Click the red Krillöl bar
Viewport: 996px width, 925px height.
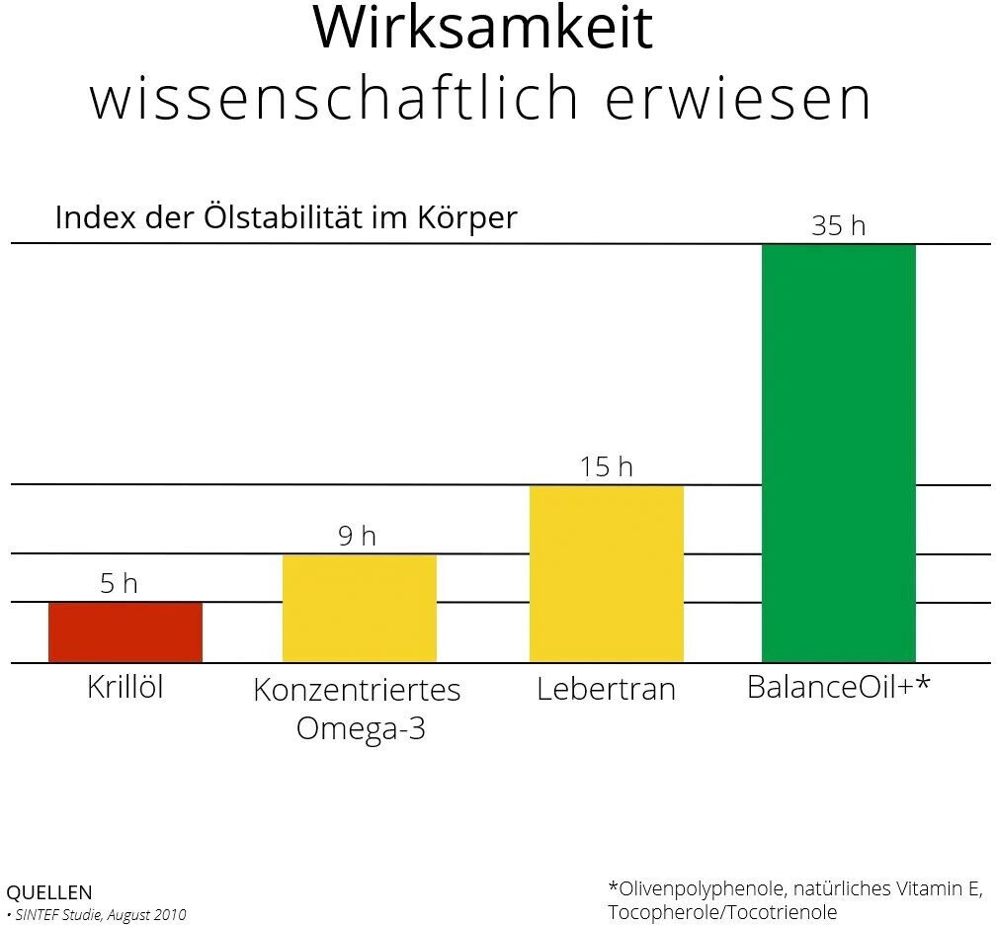click(125, 632)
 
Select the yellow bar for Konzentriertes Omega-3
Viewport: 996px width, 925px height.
click(360, 609)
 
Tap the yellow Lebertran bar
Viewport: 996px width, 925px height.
click(607, 574)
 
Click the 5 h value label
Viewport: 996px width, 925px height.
click(119, 584)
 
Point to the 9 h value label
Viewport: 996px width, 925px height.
click(357, 537)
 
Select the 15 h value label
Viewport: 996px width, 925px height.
click(606, 466)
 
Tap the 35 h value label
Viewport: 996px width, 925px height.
click(838, 226)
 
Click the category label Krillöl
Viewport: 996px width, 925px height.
click(125, 687)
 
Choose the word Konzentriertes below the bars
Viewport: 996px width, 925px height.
click(357, 690)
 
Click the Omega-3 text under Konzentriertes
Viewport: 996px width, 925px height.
click(361, 728)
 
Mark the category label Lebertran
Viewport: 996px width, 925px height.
click(606, 689)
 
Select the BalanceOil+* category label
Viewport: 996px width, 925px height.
click(838, 687)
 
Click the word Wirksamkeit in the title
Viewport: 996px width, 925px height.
click(483, 29)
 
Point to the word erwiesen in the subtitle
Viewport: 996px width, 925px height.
click(737, 98)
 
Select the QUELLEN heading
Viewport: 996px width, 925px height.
click(48, 893)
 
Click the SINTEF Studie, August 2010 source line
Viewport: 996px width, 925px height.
click(100, 915)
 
